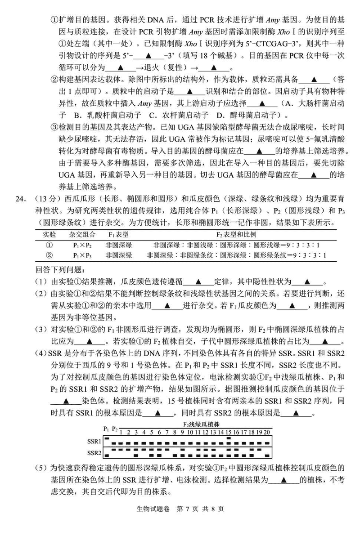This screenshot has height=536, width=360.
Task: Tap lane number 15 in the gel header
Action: click(229, 433)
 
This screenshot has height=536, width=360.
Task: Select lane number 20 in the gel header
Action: click(267, 433)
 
